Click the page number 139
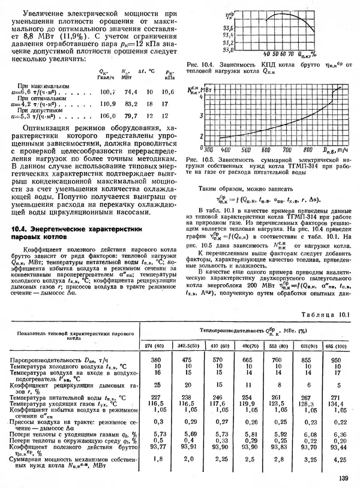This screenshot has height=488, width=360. (x=343, y=478)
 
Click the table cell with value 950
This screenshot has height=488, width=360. (x=339, y=359)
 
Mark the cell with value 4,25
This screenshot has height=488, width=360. (x=339, y=459)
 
